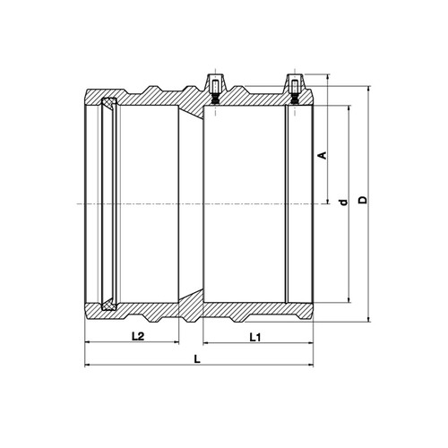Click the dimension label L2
coord(138,337)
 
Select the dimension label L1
coord(255,338)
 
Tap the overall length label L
coord(197,359)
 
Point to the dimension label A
coord(323,155)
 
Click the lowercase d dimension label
coord(344,202)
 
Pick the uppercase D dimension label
coord(363,200)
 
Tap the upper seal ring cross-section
coord(108,102)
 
